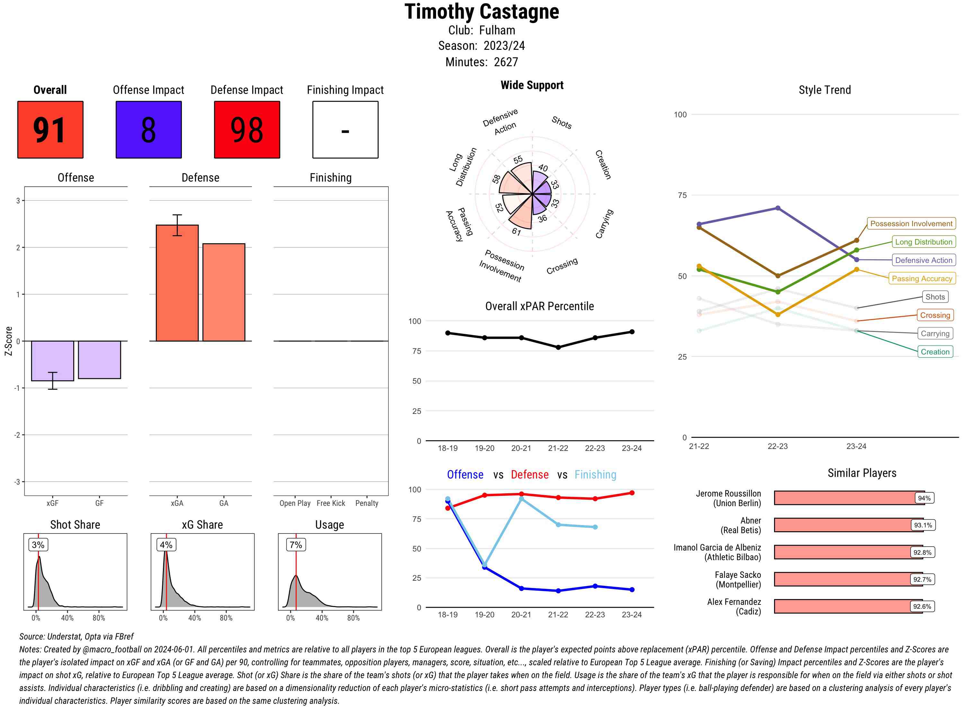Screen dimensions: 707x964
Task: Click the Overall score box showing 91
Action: pos(50,130)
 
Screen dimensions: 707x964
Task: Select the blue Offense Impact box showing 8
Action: pos(148,130)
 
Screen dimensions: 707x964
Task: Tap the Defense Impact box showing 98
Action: pos(247,130)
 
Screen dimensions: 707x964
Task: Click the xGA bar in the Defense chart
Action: pos(177,283)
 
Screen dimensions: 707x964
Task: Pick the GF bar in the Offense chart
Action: pos(99,360)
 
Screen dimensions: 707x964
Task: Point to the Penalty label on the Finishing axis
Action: pos(367,503)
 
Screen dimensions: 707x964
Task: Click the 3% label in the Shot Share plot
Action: pos(38,545)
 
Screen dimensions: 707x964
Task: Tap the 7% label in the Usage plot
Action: pos(296,545)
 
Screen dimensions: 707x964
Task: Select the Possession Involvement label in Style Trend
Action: pos(911,223)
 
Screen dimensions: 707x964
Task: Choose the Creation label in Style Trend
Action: pos(935,352)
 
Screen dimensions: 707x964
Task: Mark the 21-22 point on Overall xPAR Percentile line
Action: pos(558,347)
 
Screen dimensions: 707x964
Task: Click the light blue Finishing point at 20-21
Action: pos(521,499)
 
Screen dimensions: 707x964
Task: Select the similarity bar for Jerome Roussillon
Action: pos(849,498)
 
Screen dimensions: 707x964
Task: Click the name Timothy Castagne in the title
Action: pos(482,12)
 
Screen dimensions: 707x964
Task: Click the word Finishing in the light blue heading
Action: pos(595,475)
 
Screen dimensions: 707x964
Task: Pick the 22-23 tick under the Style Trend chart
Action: pos(777,446)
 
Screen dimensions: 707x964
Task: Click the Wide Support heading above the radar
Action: pos(532,85)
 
